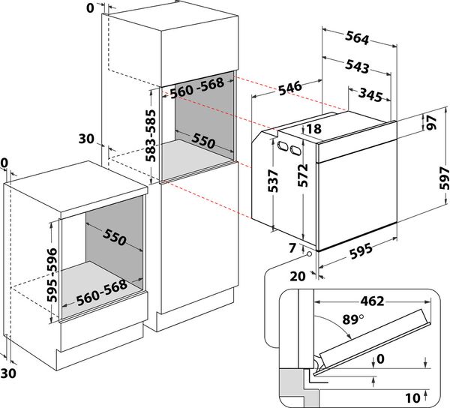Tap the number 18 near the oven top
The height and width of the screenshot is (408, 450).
pyautogui.click(x=313, y=129)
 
